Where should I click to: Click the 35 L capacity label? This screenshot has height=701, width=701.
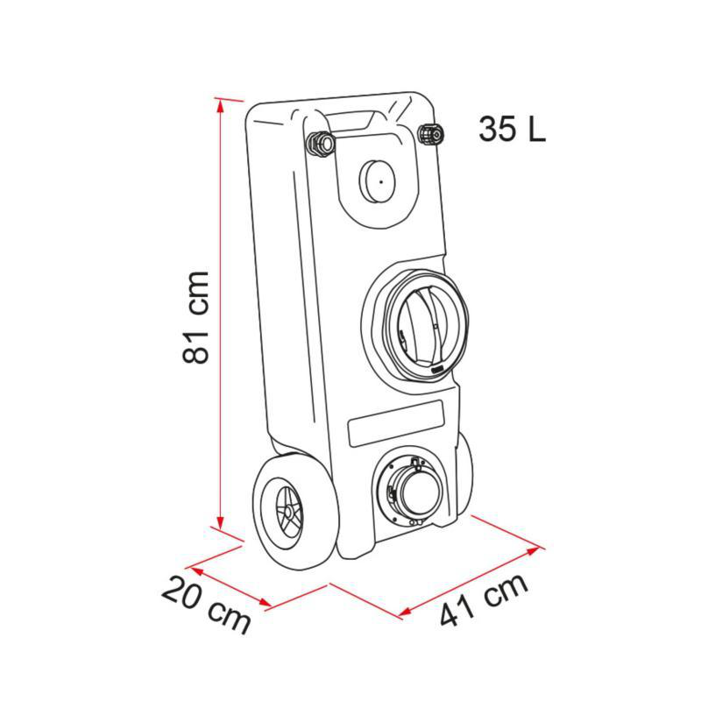(x=512, y=129)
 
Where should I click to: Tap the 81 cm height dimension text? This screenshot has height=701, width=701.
(x=197, y=315)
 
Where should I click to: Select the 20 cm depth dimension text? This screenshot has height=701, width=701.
(x=207, y=605)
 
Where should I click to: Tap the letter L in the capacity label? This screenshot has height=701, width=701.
(x=535, y=129)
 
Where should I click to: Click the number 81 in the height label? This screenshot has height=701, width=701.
(x=197, y=342)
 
